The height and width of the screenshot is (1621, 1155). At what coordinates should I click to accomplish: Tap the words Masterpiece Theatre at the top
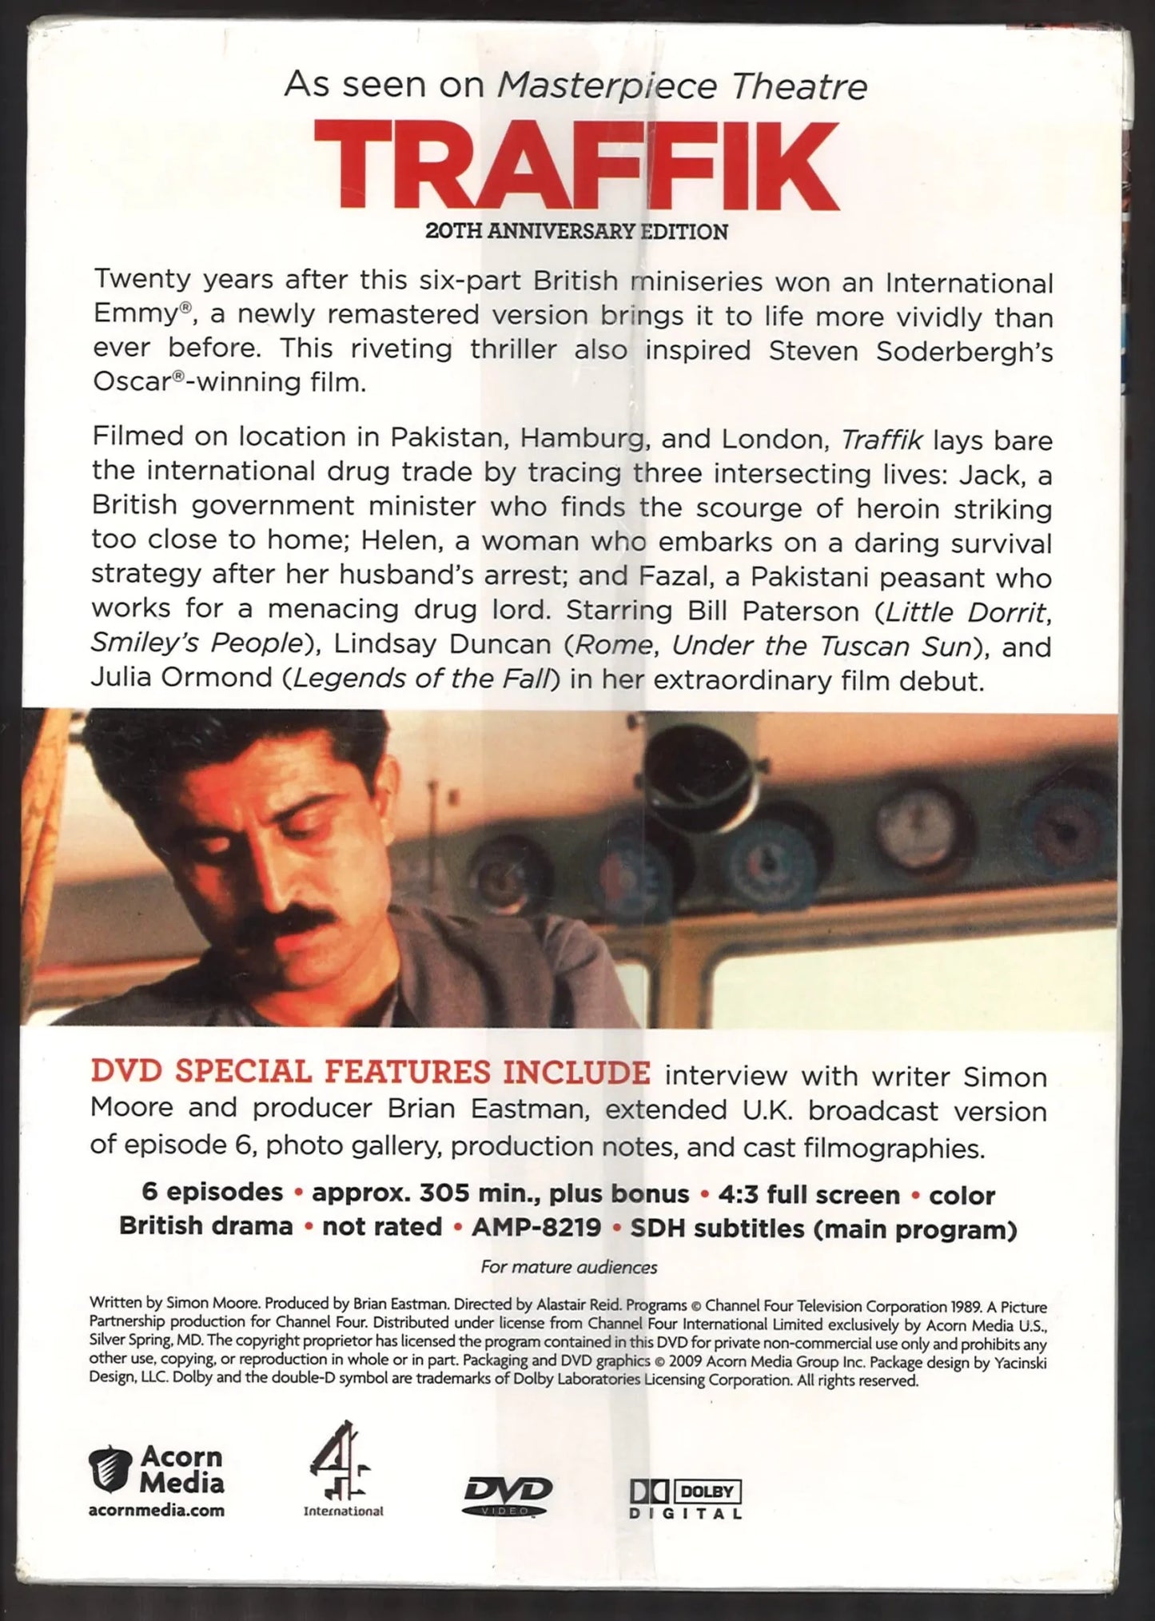682,86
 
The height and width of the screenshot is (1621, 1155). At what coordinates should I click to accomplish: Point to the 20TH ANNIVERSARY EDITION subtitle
576,232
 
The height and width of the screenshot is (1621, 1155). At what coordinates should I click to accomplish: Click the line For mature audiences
568,1267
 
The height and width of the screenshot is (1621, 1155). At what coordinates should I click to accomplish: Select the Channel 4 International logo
341,1469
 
